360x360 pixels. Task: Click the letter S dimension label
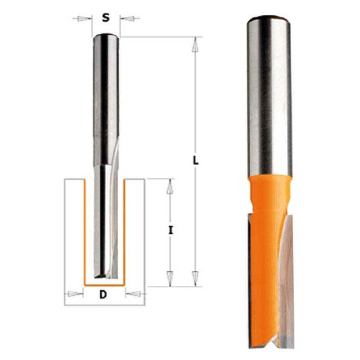(106, 18)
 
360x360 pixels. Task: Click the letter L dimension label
(195, 160)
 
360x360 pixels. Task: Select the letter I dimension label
(171, 230)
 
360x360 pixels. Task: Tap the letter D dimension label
(103, 294)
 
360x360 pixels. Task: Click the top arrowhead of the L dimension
(195, 45)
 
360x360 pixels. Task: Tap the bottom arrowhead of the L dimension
(195, 279)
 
